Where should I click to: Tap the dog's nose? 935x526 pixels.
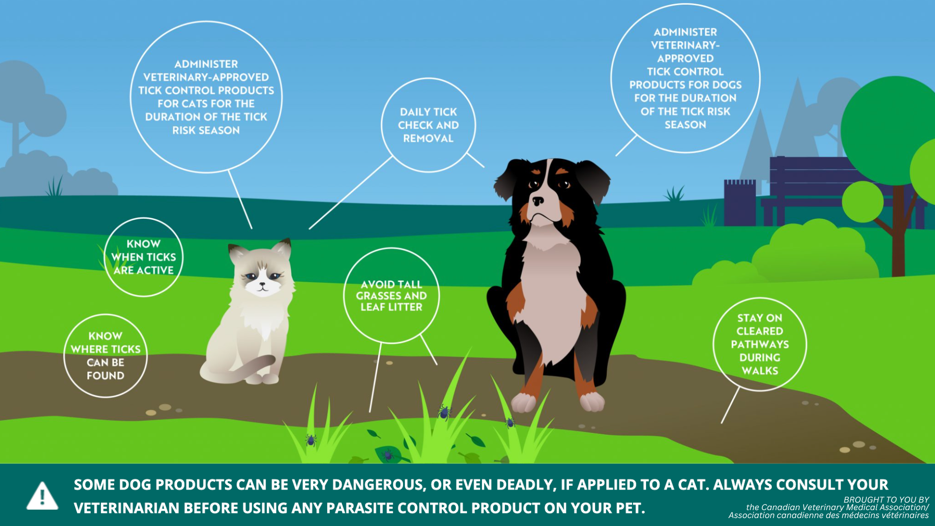(538, 201)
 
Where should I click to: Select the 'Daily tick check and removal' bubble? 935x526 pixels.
(428, 125)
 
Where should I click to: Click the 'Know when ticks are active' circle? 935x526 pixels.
(144, 257)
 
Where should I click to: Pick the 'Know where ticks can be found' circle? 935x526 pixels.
(106, 356)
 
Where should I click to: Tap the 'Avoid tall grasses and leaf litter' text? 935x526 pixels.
(391, 295)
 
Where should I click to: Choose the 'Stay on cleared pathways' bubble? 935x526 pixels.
(760, 344)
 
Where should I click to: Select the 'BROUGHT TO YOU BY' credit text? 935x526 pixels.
(886, 500)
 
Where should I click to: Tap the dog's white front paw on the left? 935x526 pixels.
(524, 402)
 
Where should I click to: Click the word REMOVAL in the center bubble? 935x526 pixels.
(428, 138)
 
